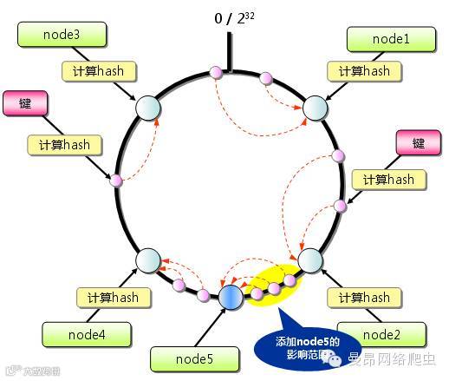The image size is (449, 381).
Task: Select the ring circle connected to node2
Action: pyautogui.click(x=310, y=259)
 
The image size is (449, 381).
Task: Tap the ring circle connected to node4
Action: pyautogui.click(x=149, y=259)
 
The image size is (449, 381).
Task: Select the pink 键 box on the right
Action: pyautogui.click(x=418, y=143)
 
